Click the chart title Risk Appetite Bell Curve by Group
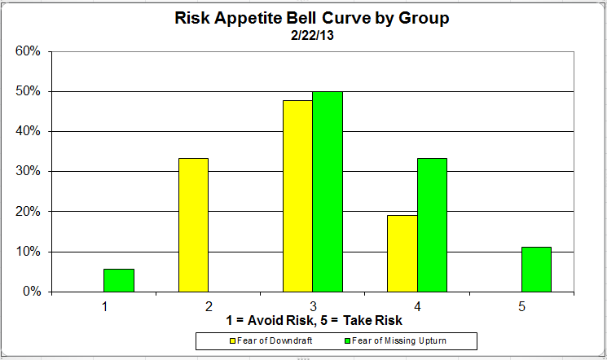pyautogui.click(x=311, y=18)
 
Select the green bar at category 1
pyautogui.click(x=119, y=280)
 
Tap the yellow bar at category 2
pyautogui.click(x=193, y=225)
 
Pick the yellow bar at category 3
pyautogui.click(x=297, y=195)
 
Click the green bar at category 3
pyautogui.click(x=328, y=191)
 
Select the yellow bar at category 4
pyautogui.click(x=402, y=253)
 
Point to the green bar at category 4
pyautogui.click(x=432, y=225)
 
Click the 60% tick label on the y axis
pyautogui.click(x=29, y=51)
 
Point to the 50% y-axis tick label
pyautogui.click(x=29, y=91)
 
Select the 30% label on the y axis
pyautogui.click(x=29, y=171)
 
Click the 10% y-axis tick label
pyautogui.click(x=29, y=252)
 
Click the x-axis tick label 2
pyautogui.click(x=209, y=306)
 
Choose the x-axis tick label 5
pyautogui.click(x=521, y=306)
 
